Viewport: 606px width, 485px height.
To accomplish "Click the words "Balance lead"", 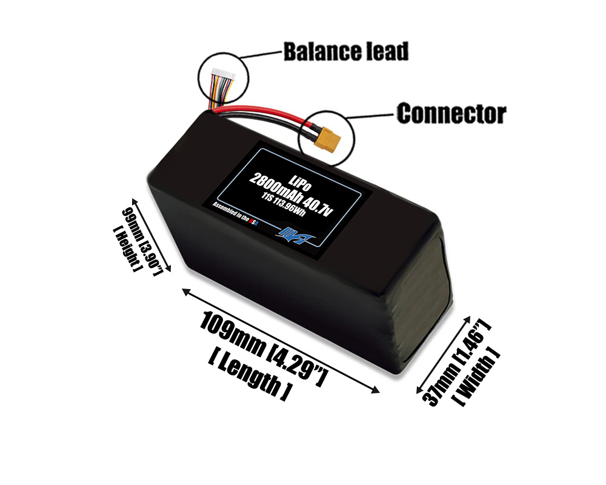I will [346, 52].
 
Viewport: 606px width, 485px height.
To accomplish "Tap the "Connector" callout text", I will [451, 113].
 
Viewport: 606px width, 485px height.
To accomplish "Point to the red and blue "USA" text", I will [255, 223].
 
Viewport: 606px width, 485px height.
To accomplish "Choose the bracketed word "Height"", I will [127, 248].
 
